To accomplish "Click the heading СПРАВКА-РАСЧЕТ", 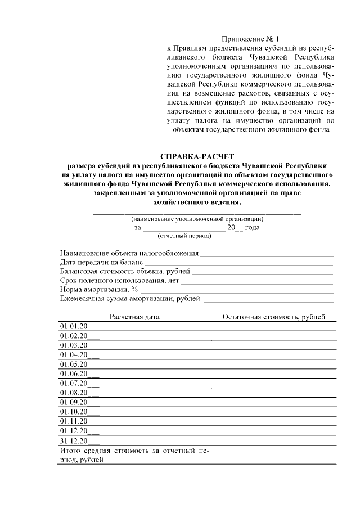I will pyautogui.click(x=196, y=156).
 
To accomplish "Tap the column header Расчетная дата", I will pyautogui.click(x=134, y=317).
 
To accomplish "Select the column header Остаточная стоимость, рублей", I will pyautogui.click(x=273, y=317).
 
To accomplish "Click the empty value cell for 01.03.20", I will pyautogui.click(x=273, y=345).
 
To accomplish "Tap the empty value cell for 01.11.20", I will pyautogui.click(x=273, y=421).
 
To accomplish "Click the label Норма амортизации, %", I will pyautogui.click(x=99, y=289).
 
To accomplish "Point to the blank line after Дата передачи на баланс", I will pyautogui.click(x=239, y=263).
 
